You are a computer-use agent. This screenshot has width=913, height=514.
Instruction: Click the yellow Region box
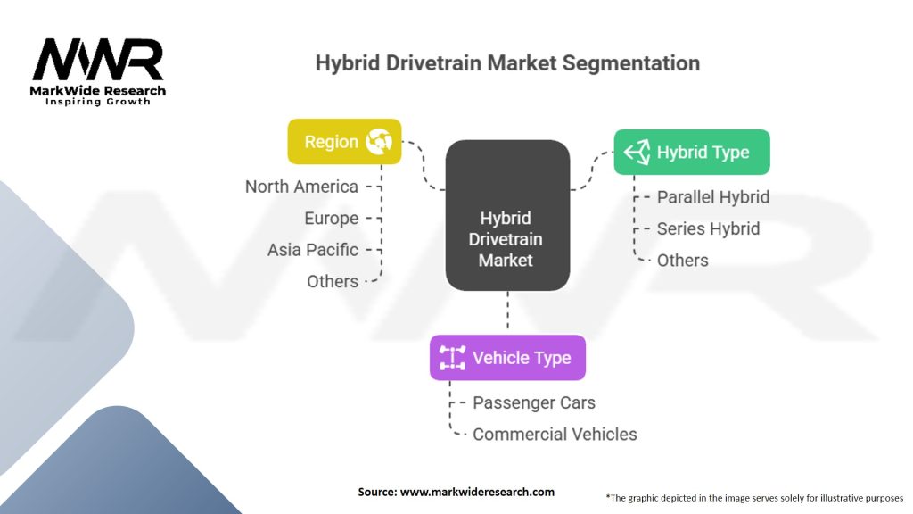pyautogui.click(x=344, y=142)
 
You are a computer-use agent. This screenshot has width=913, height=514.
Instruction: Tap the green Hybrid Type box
pyautogui.click(x=691, y=153)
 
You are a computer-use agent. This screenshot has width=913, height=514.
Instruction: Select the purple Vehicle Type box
pyautogui.click(x=507, y=358)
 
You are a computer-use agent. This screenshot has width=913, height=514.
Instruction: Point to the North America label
pyautogui.click(x=301, y=187)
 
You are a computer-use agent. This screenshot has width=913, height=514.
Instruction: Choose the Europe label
pyautogui.click(x=331, y=219)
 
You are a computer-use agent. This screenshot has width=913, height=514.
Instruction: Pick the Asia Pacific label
pyautogui.click(x=313, y=250)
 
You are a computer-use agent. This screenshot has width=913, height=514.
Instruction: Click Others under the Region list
pyautogui.click(x=333, y=281)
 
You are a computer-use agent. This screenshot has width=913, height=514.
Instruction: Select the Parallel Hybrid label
pyautogui.click(x=712, y=197)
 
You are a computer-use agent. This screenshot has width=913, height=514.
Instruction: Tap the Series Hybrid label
pyautogui.click(x=708, y=228)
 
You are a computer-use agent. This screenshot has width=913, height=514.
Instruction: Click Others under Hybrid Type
pyautogui.click(x=682, y=261)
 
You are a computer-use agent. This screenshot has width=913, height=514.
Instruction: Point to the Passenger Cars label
pyautogui.click(x=533, y=402)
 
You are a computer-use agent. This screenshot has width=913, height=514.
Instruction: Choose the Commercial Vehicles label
pyautogui.click(x=555, y=435)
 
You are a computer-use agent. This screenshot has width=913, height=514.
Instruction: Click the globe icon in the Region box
pyautogui.click(x=380, y=142)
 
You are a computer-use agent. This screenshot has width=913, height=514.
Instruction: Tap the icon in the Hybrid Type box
pyautogui.click(x=636, y=153)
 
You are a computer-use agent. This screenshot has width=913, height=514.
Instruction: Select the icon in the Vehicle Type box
pyautogui.click(x=452, y=358)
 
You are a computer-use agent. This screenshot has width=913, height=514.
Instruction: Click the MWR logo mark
pyautogui.click(x=98, y=61)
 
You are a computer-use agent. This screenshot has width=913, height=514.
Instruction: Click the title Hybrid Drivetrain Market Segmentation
pyautogui.click(x=507, y=63)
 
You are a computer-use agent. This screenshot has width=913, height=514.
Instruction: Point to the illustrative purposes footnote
pyautogui.click(x=754, y=497)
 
